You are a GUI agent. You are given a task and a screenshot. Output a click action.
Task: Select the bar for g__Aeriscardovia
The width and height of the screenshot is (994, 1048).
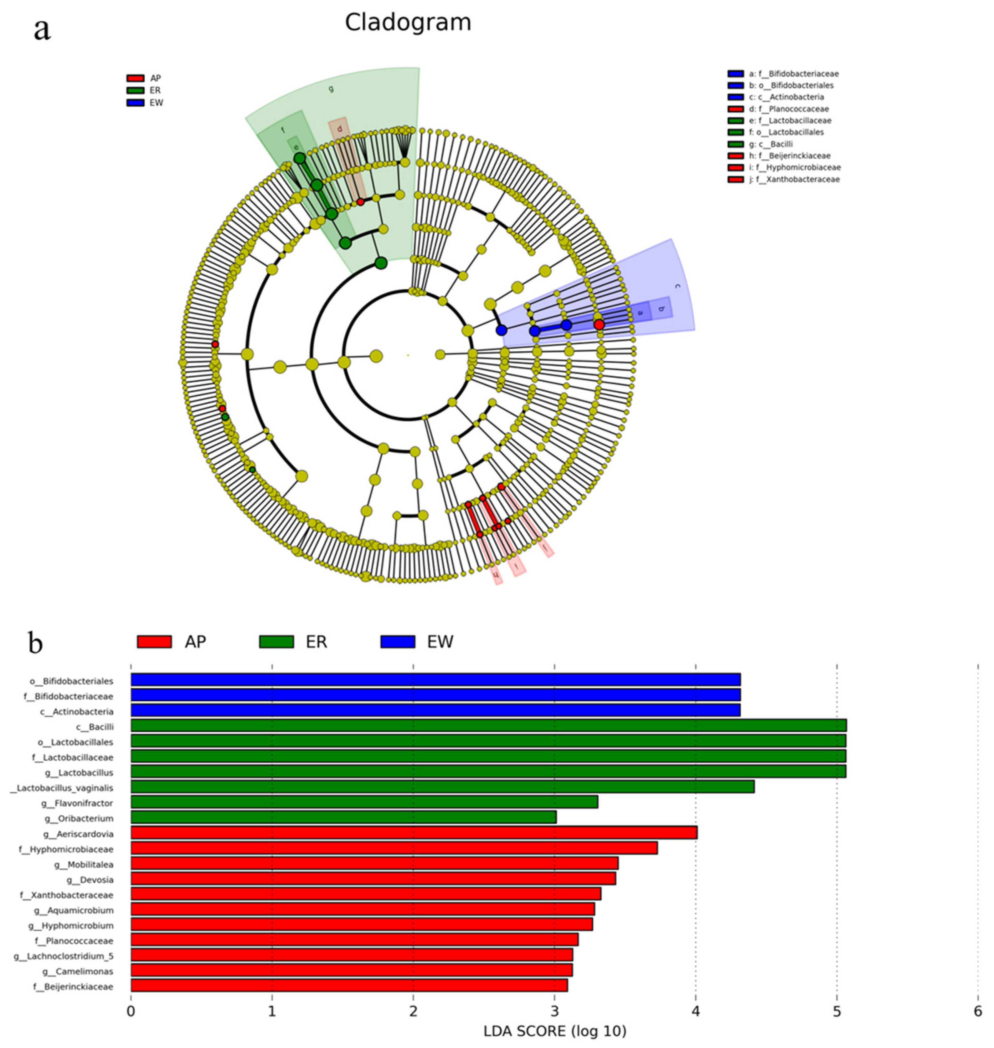(x=413, y=833)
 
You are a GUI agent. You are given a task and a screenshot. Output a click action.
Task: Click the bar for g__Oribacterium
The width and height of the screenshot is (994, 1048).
(x=343, y=818)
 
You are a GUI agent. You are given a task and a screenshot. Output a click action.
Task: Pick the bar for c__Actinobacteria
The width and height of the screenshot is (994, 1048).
(x=435, y=711)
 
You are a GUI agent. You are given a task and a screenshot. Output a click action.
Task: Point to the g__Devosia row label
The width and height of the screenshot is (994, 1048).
(x=90, y=880)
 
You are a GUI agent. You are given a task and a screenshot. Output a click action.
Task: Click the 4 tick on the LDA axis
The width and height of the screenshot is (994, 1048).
(x=695, y=1011)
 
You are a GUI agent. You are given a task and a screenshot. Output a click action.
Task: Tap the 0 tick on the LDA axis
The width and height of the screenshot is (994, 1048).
(x=131, y=1011)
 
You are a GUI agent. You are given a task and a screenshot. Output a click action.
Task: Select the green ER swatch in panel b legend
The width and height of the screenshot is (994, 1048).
(x=276, y=642)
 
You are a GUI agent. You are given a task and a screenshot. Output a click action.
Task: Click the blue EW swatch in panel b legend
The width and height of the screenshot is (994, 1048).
(x=397, y=642)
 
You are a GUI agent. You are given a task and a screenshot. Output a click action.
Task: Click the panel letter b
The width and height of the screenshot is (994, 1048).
(x=35, y=643)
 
